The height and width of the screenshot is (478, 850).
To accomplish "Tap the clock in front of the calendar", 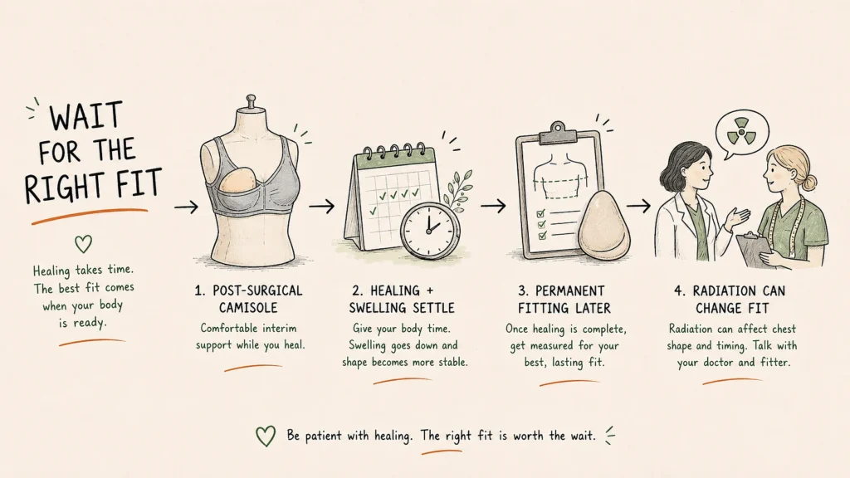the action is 430,230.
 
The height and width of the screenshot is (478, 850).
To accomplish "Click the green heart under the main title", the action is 83,244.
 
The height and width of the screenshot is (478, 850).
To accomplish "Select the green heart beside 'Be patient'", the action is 265,436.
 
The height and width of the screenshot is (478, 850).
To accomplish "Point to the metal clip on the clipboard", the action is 558,132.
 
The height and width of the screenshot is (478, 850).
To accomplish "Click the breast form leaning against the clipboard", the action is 604,223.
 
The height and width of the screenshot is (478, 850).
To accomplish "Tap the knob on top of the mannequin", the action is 251,100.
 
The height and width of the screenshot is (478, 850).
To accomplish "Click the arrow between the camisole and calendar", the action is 322,206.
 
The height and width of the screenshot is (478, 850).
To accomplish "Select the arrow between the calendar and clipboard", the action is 493,206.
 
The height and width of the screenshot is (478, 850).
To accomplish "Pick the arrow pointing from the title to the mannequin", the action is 187,207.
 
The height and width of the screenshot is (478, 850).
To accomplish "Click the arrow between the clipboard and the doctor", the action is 638,206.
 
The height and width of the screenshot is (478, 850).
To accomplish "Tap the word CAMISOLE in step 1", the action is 248,308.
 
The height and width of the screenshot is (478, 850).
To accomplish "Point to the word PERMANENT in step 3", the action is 569,291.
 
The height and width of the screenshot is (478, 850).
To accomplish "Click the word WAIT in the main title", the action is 85,116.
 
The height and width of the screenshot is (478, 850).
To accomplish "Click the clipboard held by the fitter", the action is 755,249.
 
